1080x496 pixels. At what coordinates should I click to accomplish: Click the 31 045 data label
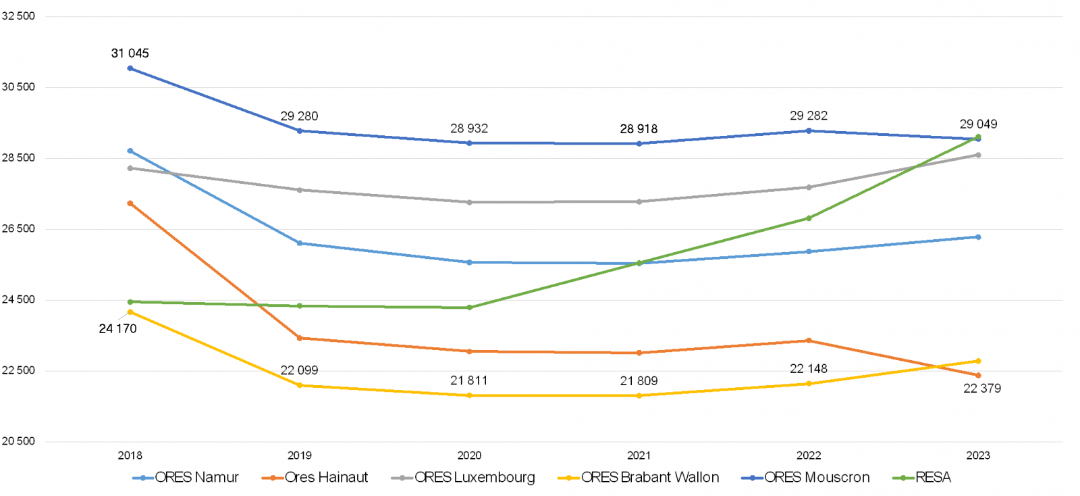coord(130,53)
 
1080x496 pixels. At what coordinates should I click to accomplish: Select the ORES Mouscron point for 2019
coord(300,130)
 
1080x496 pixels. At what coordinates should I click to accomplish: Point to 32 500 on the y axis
coord(18,16)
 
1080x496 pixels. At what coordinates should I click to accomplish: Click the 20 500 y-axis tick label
coord(18,441)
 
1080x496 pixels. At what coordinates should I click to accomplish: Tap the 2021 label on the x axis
coord(639,455)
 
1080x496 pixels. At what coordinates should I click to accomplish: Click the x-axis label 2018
coord(130,455)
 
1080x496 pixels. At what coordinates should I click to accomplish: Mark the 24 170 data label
coord(117,329)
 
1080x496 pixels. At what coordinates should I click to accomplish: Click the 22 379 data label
coord(982,389)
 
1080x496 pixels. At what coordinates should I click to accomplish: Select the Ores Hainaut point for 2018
coord(130,203)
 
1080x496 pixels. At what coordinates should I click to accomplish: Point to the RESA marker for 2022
coord(809,218)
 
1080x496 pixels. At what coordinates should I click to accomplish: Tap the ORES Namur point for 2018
coord(130,151)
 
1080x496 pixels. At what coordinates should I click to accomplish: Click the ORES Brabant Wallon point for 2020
coord(469,395)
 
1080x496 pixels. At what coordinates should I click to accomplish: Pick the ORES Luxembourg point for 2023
coord(978,155)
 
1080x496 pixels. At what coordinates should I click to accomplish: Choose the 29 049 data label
coord(978,124)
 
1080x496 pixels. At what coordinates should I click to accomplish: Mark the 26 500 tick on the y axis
coord(18,229)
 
